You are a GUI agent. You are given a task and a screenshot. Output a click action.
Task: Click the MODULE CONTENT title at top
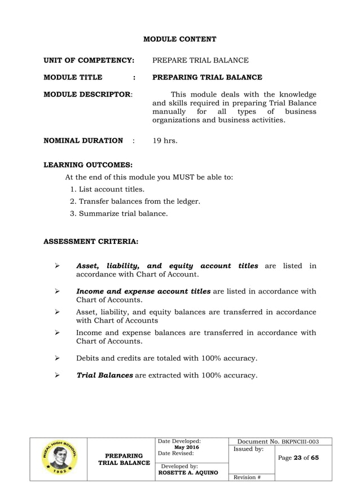[179, 39]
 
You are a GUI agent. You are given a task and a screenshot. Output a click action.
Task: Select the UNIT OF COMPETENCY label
[89, 60]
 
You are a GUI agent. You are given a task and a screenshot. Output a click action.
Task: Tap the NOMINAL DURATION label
[83, 141]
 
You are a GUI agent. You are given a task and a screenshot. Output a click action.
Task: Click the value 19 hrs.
[165, 141]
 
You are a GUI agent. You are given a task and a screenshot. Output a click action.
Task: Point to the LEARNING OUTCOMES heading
[88, 165]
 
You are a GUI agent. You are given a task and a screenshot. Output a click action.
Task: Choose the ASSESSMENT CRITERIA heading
[90, 242]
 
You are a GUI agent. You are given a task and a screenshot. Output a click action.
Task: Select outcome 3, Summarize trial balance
[118, 213]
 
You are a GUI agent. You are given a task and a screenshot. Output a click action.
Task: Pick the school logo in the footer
[59, 459]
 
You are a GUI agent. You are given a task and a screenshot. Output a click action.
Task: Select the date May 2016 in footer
[186, 447]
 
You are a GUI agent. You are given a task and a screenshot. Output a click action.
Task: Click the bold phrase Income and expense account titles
[143, 291]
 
